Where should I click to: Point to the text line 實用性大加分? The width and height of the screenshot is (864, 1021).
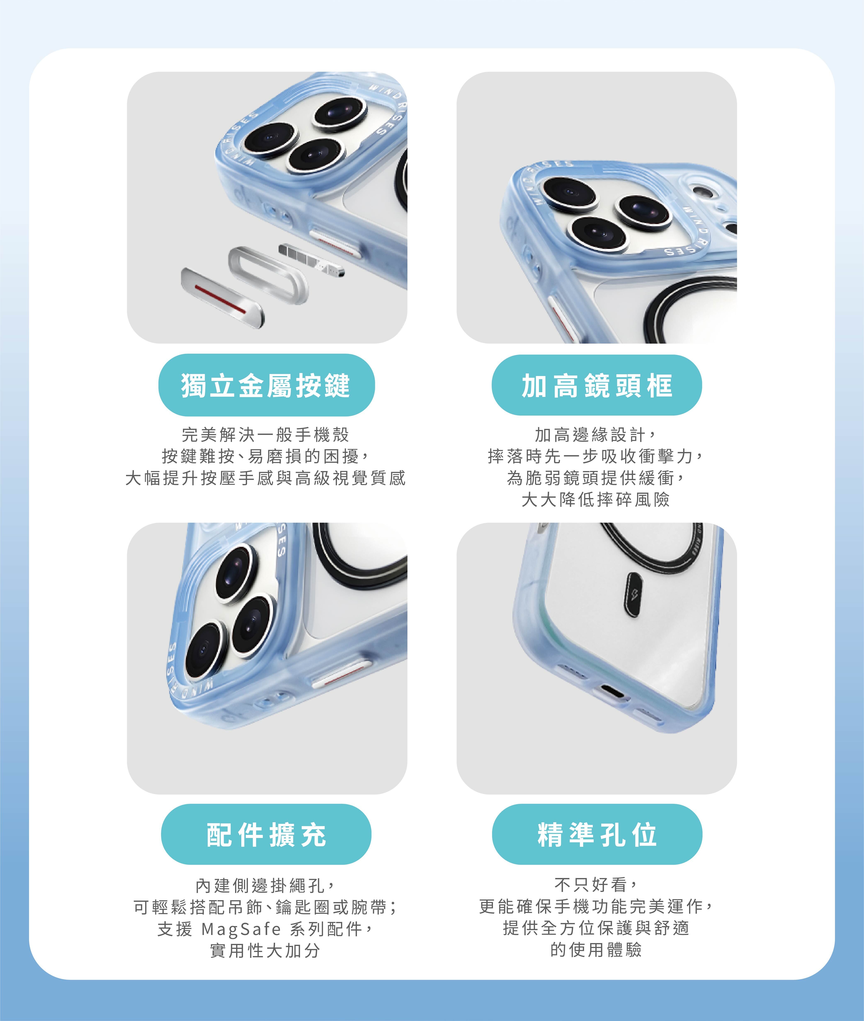pos(265,951)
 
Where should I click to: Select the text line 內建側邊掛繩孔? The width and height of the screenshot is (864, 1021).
pos(265,885)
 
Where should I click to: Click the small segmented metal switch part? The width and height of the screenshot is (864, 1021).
pos(312,259)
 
